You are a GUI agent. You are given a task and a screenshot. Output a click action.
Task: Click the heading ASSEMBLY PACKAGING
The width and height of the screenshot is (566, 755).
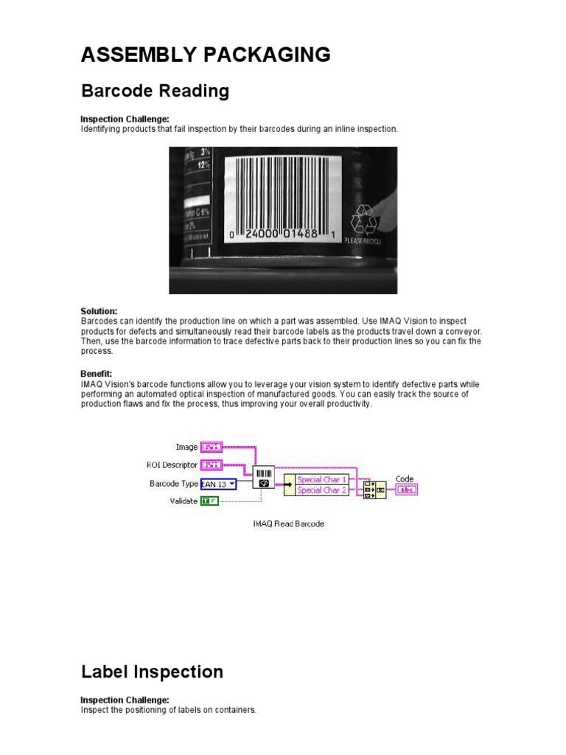(x=205, y=55)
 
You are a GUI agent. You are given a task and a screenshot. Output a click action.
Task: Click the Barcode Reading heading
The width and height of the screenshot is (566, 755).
(x=155, y=91)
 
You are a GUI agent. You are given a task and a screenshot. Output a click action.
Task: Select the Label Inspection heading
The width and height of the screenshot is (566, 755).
(x=152, y=672)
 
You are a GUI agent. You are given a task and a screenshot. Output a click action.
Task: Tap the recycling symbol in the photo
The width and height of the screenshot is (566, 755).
(x=363, y=220)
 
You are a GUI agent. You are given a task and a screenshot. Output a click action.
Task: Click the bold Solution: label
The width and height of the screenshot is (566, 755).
(x=99, y=312)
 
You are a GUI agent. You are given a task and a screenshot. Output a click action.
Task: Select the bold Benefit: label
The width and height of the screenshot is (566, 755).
(x=96, y=375)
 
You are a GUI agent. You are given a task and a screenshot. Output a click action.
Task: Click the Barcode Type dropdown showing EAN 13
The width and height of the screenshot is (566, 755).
(x=218, y=484)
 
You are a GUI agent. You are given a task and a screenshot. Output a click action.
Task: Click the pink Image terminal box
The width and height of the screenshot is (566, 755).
(x=212, y=447)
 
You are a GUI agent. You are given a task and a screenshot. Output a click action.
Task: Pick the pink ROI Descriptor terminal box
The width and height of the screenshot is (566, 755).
(x=212, y=465)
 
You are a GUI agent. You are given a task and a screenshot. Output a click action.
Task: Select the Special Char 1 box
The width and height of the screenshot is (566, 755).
(x=321, y=479)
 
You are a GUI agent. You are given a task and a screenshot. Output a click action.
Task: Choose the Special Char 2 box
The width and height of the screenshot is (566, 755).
(x=321, y=490)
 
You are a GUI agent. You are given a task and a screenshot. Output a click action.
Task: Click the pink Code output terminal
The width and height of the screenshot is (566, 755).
(x=405, y=490)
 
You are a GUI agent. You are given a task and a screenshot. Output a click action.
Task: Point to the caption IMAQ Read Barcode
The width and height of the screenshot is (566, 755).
(x=288, y=523)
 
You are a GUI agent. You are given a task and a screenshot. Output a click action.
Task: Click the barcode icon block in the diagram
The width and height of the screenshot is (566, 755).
(x=263, y=477)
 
